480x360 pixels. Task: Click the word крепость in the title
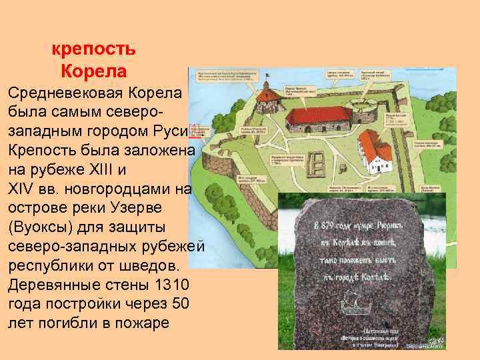coord(93,49)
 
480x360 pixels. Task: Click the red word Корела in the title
coord(93,70)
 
